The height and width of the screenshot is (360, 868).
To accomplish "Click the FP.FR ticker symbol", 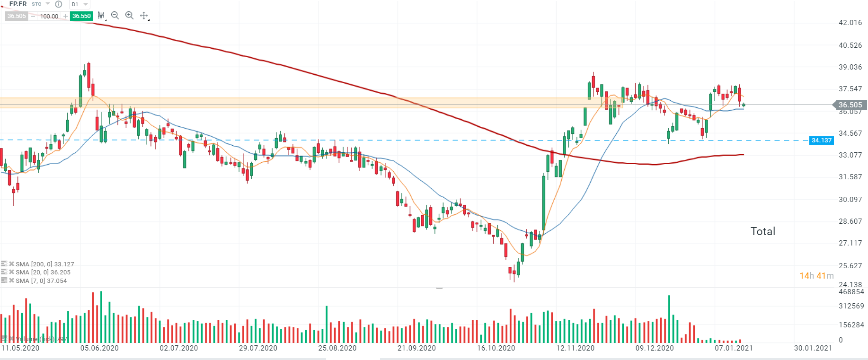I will tap(18, 4).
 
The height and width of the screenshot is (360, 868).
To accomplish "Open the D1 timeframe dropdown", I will tap(80, 4).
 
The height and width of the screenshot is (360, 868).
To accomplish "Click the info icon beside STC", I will tap(59, 4).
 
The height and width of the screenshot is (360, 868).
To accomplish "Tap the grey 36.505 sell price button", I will tap(17, 16).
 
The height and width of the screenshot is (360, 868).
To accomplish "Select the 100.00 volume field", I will tap(49, 16).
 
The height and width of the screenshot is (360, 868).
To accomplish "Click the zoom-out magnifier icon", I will tap(115, 16).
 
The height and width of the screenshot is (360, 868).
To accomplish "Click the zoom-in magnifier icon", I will tap(129, 16).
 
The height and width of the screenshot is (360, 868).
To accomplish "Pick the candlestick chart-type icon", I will tap(101, 16).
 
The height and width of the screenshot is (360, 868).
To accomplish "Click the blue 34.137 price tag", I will tap(821, 140).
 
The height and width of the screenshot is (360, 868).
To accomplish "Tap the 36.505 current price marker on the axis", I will tap(850, 105).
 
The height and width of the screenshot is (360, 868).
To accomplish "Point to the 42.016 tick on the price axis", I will tap(850, 23).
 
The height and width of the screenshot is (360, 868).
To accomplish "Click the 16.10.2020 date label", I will tap(496, 348).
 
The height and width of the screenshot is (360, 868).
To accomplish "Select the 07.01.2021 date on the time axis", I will tap(733, 348).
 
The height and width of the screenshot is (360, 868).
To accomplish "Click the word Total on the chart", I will tap(762, 231).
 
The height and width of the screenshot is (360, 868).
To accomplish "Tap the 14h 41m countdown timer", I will tap(816, 276).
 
